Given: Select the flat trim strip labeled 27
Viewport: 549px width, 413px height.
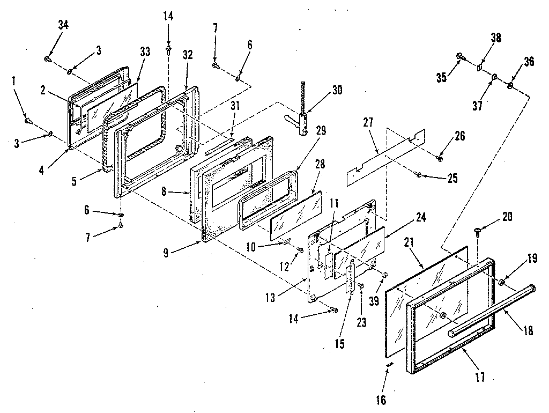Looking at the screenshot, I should pos(386,156).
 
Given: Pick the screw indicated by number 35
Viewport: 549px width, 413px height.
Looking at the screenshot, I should pos(461,56).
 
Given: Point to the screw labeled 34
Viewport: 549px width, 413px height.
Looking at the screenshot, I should pos(48,58).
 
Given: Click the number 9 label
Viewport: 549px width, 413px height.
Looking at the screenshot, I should pos(166,253).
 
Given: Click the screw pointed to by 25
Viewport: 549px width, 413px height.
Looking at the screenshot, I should pos(419,173).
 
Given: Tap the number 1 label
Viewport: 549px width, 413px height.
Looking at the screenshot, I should pos(13,81).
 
